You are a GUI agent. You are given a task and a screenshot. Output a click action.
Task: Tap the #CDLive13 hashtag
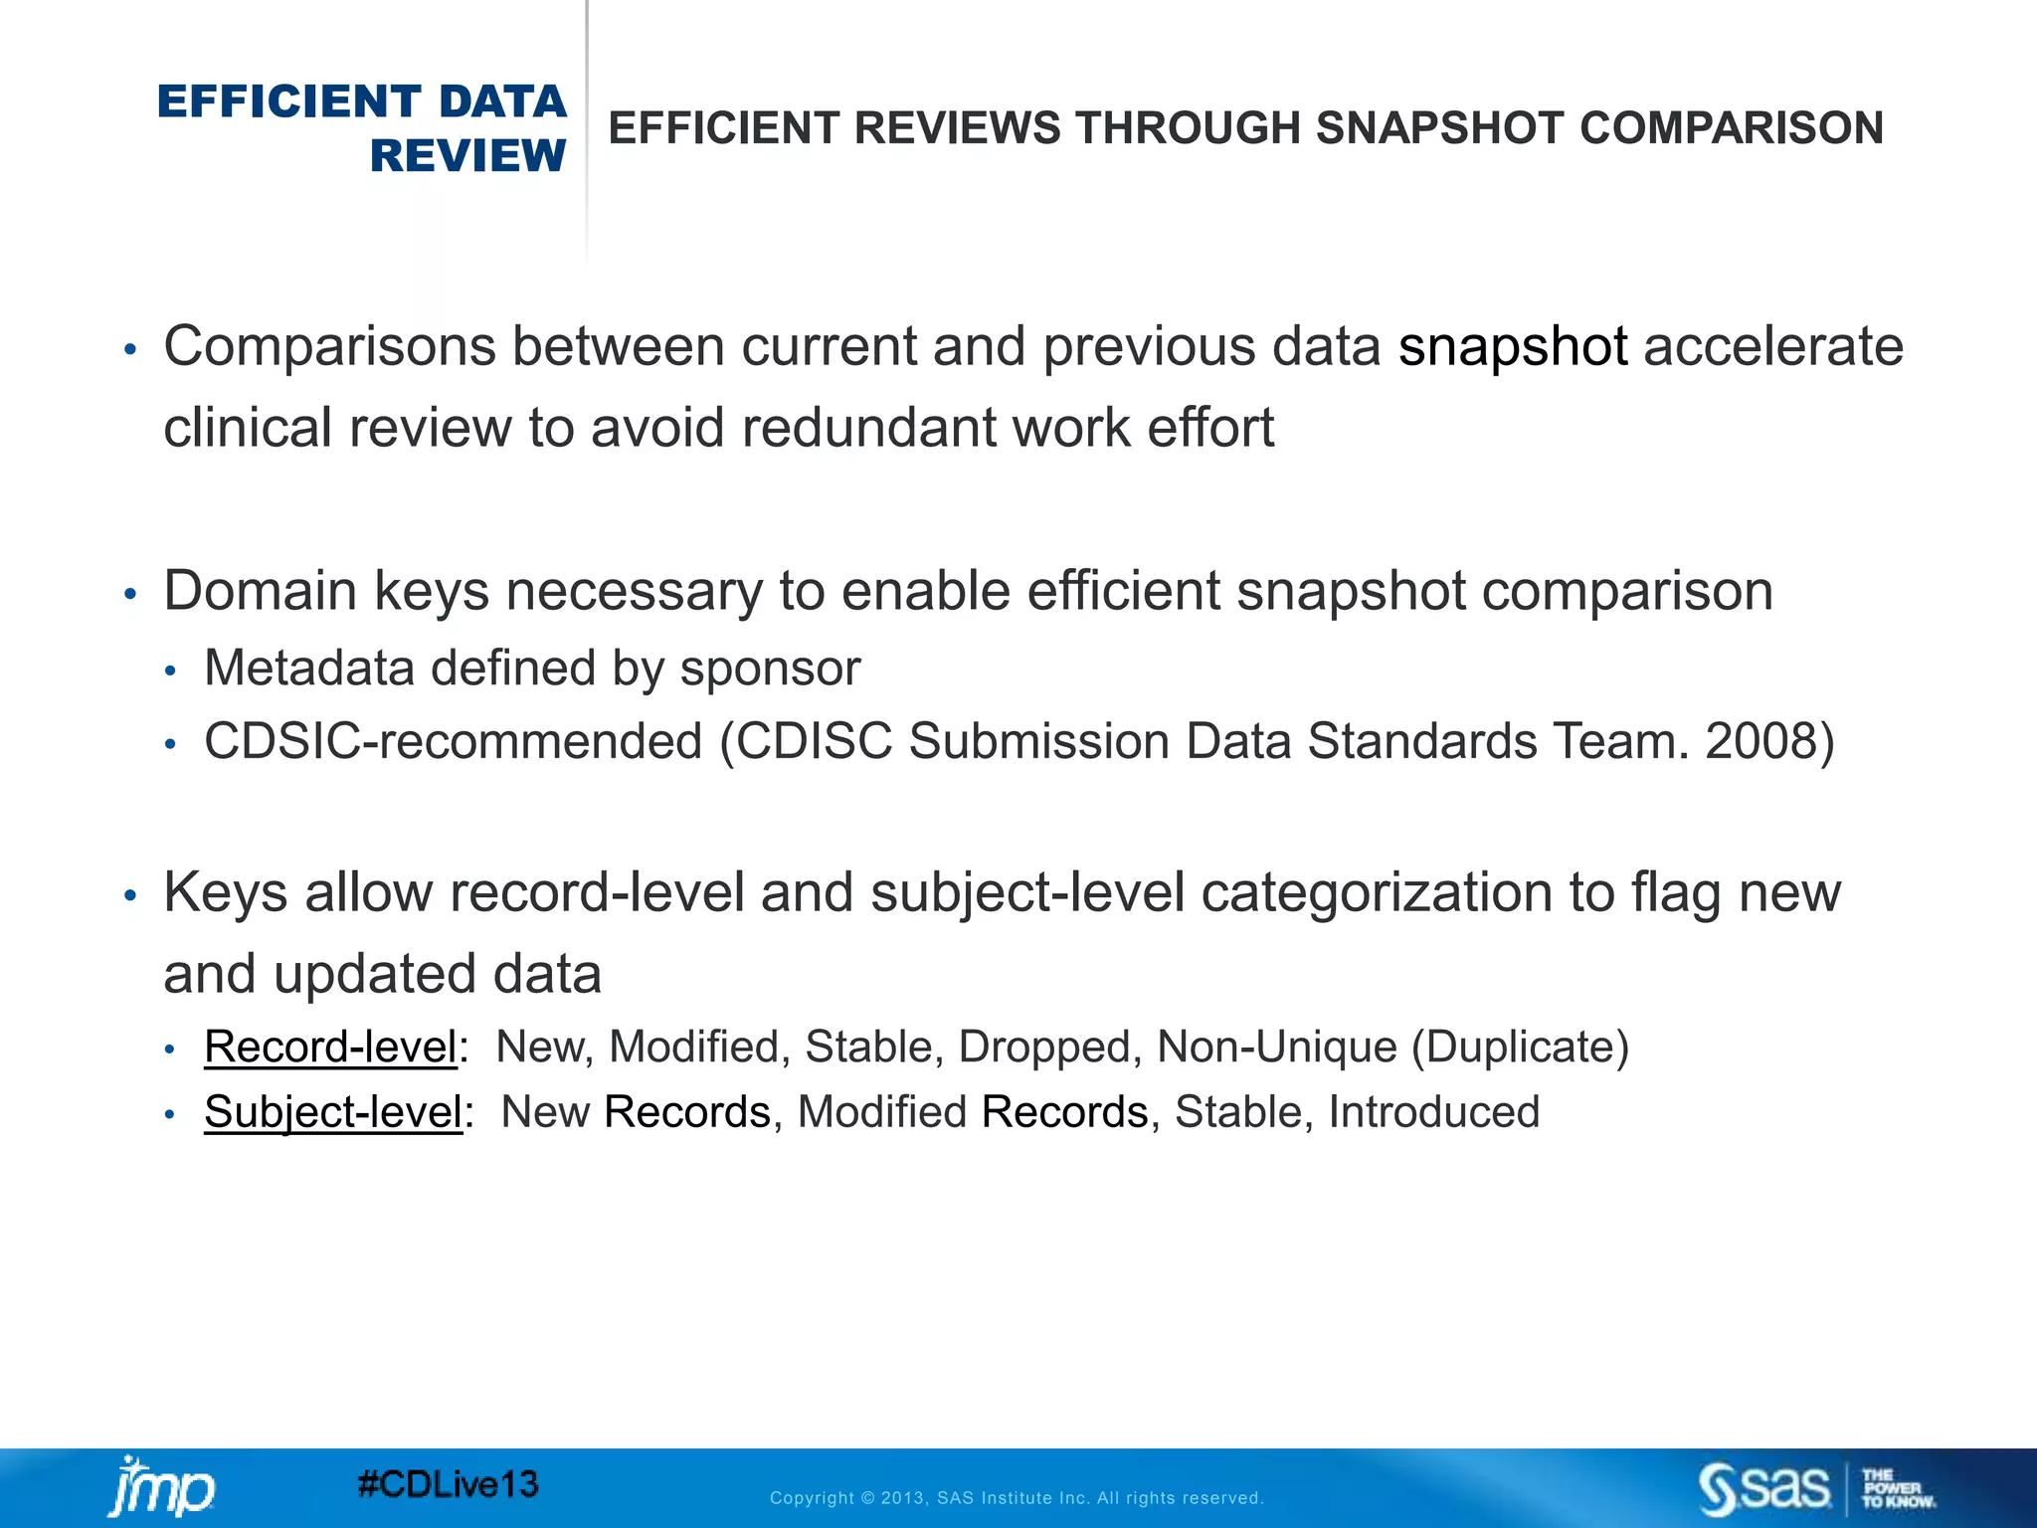448,1485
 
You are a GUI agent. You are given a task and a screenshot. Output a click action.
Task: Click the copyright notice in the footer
1017,1498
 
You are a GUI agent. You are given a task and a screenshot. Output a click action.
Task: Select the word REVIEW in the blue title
467,156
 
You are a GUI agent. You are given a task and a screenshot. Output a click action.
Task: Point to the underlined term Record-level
330,1047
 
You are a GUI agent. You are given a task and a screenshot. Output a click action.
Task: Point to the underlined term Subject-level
333,1112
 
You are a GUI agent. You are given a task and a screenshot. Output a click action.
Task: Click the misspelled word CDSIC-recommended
453,742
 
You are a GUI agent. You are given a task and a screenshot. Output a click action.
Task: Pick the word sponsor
770,668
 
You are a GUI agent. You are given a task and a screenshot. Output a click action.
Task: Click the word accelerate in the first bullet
1772,347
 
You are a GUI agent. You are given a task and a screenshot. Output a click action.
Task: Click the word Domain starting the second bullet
261,591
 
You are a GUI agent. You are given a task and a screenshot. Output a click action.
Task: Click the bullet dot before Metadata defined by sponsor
170,671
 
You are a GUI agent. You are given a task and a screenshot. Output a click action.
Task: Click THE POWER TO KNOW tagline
1897,1489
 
